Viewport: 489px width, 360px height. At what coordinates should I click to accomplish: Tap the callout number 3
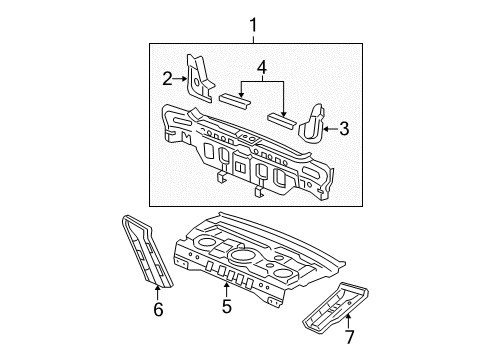pos(345,128)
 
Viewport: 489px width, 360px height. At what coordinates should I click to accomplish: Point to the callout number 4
pos(261,68)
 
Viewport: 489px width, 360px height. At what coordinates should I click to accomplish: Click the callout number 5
pos(227,307)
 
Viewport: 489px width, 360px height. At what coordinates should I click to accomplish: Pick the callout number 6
pos(157,311)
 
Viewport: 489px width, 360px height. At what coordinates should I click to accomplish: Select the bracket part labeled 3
pos(314,121)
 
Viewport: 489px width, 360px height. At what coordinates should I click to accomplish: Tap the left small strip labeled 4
pos(236,100)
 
